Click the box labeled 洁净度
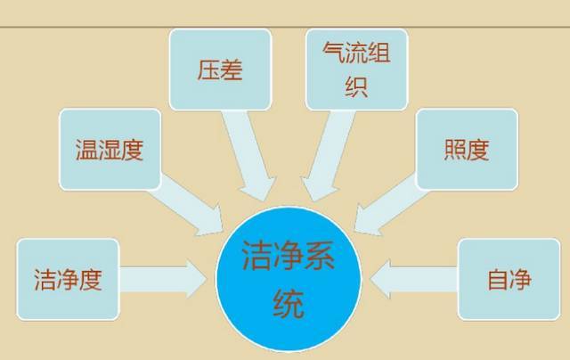(x=68, y=279)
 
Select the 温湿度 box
(x=110, y=149)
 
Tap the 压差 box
(x=220, y=70)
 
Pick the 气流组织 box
(x=356, y=70)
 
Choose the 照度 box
(x=467, y=149)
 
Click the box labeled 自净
(x=509, y=279)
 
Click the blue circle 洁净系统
(x=289, y=279)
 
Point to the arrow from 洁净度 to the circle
(x=163, y=279)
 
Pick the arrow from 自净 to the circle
(x=413, y=279)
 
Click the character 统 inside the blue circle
(x=289, y=304)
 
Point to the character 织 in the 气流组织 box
(x=356, y=86)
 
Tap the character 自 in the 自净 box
(x=498, y=280)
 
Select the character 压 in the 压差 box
(x=208, y=70)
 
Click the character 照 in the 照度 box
(x=455, y=150)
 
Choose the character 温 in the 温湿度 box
(x=87, y=150)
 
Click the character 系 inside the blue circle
(x=320, y=255)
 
